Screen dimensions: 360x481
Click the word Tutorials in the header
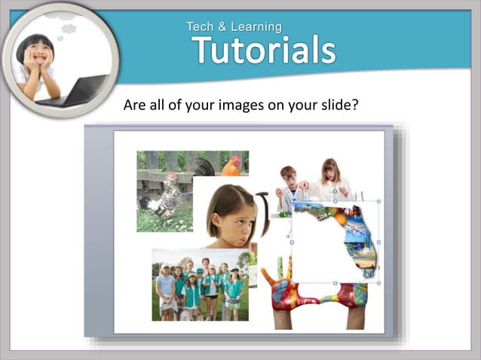[263, 50]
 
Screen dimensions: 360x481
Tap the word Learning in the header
[256, 27]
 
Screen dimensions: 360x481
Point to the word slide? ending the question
[336, 104]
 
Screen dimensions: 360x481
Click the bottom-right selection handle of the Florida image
[378, 284]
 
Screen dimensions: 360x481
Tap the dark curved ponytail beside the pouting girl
[264, 212]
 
